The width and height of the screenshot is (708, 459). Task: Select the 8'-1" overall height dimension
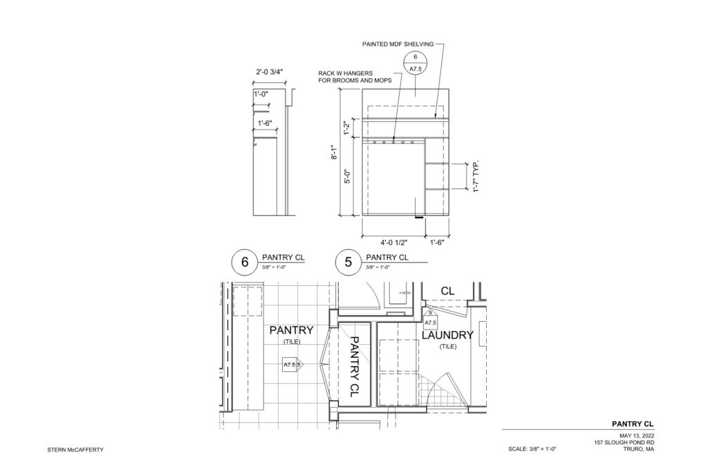pos(334,152)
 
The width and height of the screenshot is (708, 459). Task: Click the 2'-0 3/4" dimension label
pos(270,71)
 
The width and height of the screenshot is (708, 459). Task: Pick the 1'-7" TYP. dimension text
pos(475,177)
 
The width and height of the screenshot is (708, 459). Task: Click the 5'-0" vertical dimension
pos(348,176)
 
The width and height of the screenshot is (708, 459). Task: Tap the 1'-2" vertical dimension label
pos(348,128)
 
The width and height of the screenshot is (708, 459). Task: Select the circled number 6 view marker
pos(245,262)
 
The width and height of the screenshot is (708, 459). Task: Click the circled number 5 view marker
pos(348,262)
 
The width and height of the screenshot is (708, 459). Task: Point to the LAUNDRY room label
pos(447,335)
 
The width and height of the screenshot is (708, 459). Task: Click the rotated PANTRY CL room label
pos(355,367)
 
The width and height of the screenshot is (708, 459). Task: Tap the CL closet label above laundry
pos(447,291)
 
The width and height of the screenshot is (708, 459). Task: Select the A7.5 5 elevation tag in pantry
pos(292,364)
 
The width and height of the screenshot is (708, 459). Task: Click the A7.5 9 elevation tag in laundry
pos(430,319)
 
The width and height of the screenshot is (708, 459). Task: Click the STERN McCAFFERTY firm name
pos(75,450)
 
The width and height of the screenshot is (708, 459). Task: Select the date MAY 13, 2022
pos(637,435)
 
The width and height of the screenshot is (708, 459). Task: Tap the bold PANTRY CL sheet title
pos(633,424)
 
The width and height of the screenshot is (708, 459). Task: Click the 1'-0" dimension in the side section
pos(261,95)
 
